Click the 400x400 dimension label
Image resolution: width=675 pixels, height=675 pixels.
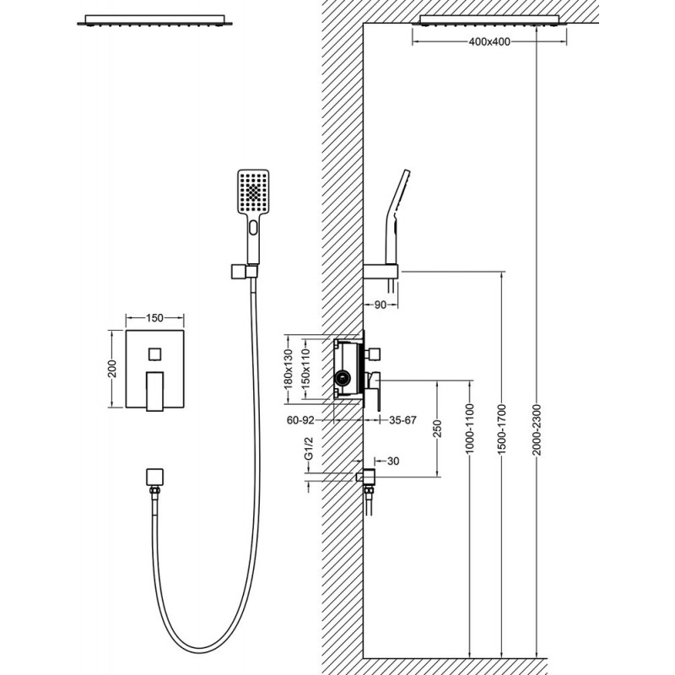(x=489, y=41)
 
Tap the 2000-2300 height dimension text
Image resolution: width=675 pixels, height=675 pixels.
(x=537, y=429)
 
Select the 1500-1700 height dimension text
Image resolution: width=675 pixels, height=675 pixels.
(x=502, y=429)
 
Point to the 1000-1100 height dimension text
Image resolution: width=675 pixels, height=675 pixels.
(x=470, y=429)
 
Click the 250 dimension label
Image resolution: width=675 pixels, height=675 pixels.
(x=438, y=429)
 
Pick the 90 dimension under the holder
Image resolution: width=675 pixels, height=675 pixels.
(x=381, y=305)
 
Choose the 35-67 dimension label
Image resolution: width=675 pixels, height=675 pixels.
(x=402, y=419)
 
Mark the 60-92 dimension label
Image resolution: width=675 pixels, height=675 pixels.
(x=300, y=419)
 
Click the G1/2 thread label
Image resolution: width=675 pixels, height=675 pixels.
(x=308, y=448)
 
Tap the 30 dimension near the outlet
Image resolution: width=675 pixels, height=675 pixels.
(x=393, y=461)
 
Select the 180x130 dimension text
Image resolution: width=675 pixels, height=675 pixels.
(x=289, y=369)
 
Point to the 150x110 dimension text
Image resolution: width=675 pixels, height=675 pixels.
(x=305, y=369)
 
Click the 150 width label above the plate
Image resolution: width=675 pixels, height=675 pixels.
(x=154, y=318)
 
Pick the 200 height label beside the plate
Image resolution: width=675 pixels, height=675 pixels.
(x=112, y=369)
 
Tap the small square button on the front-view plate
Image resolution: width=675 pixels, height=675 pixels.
(x=154, y=354)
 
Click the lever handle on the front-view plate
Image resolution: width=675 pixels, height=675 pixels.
(x=155, y=391)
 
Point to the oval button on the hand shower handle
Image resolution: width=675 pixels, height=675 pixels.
(x=253, y=227)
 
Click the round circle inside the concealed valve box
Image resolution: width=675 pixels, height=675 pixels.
(x=343, y=379)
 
